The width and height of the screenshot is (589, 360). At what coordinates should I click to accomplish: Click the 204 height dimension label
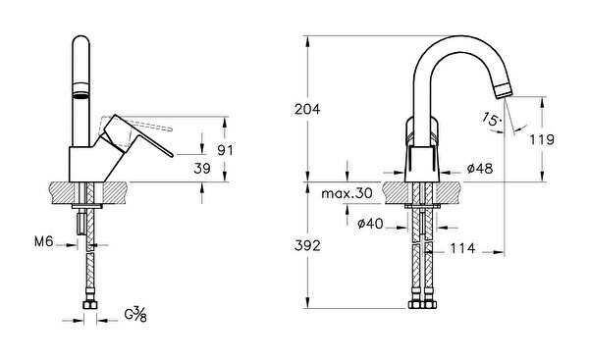307,109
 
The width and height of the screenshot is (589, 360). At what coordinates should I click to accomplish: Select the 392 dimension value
307,245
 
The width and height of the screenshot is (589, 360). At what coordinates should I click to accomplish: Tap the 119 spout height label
542,139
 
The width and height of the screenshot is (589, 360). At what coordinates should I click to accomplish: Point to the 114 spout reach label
462,248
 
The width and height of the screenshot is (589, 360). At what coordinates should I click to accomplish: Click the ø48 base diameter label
480,169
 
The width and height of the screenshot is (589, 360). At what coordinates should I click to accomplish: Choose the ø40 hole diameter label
370,224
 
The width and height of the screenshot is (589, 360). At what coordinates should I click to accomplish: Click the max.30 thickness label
347,193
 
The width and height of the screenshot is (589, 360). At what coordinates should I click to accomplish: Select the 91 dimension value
226,150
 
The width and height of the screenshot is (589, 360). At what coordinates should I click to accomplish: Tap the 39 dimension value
202,169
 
